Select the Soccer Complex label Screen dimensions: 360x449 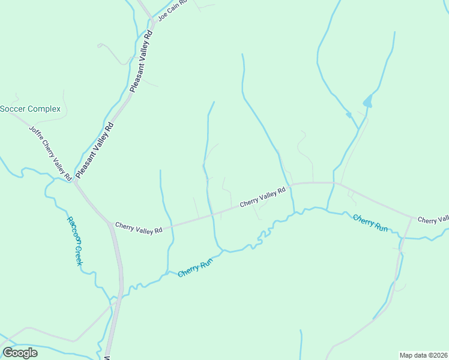(x=30, y=109)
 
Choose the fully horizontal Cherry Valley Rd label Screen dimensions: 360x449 (x=139, y=227)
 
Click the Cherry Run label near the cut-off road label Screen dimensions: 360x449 (x=370, y=222)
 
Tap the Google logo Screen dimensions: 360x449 (x=20, y=352)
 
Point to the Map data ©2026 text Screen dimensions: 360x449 (x=423, y=355)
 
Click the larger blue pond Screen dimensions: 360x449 (x=367, y=101)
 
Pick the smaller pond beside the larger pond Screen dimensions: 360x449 (x=348, y=114)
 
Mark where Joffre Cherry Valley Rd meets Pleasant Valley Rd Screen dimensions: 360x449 (x=74, y=181)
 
